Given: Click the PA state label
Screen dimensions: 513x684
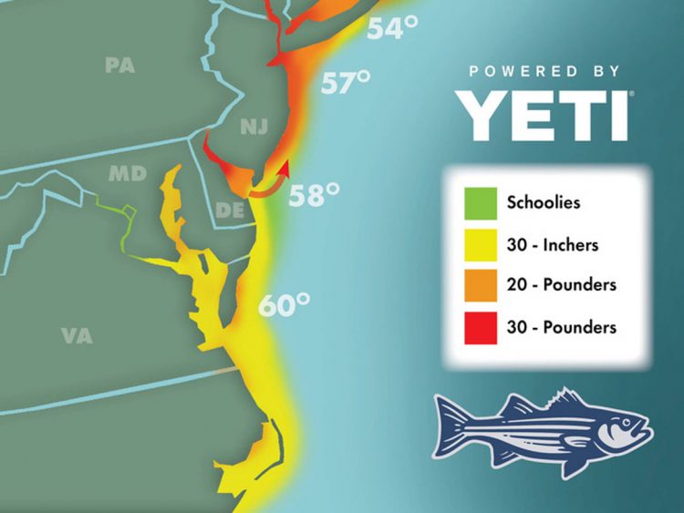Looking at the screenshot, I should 119,66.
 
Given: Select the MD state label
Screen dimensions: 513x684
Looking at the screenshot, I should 128,172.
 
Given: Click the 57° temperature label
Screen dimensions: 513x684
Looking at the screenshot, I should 345,84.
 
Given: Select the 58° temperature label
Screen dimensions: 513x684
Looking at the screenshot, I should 315,194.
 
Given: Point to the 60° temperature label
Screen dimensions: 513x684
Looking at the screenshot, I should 284,304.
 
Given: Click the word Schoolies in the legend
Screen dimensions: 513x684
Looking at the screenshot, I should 544,202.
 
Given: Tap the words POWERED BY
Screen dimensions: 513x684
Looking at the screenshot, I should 544,71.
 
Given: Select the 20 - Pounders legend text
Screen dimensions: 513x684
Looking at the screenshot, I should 562,284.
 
